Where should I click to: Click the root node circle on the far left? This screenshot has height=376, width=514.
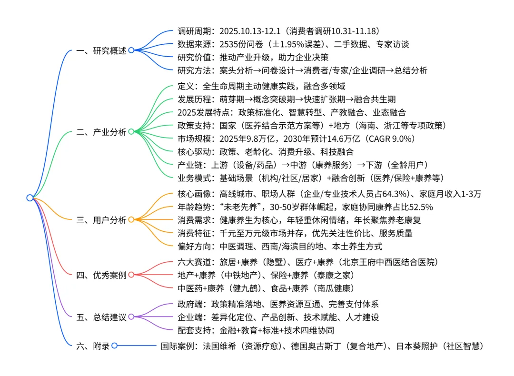click(x=30, y=198)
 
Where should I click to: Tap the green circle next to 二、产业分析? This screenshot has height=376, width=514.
click(x=131, y=132)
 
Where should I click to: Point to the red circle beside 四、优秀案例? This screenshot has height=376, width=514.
click(x=131, y=274)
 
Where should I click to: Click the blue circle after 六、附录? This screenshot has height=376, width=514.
click(x=114, y=346)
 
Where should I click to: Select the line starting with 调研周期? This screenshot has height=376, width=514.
click(x=278, y=31)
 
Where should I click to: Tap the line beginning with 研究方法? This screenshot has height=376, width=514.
click(x=302, y=70)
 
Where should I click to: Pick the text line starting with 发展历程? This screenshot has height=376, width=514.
click(x=286, y=99)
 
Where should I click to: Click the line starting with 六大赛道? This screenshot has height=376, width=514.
click(x=307, y=262)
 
